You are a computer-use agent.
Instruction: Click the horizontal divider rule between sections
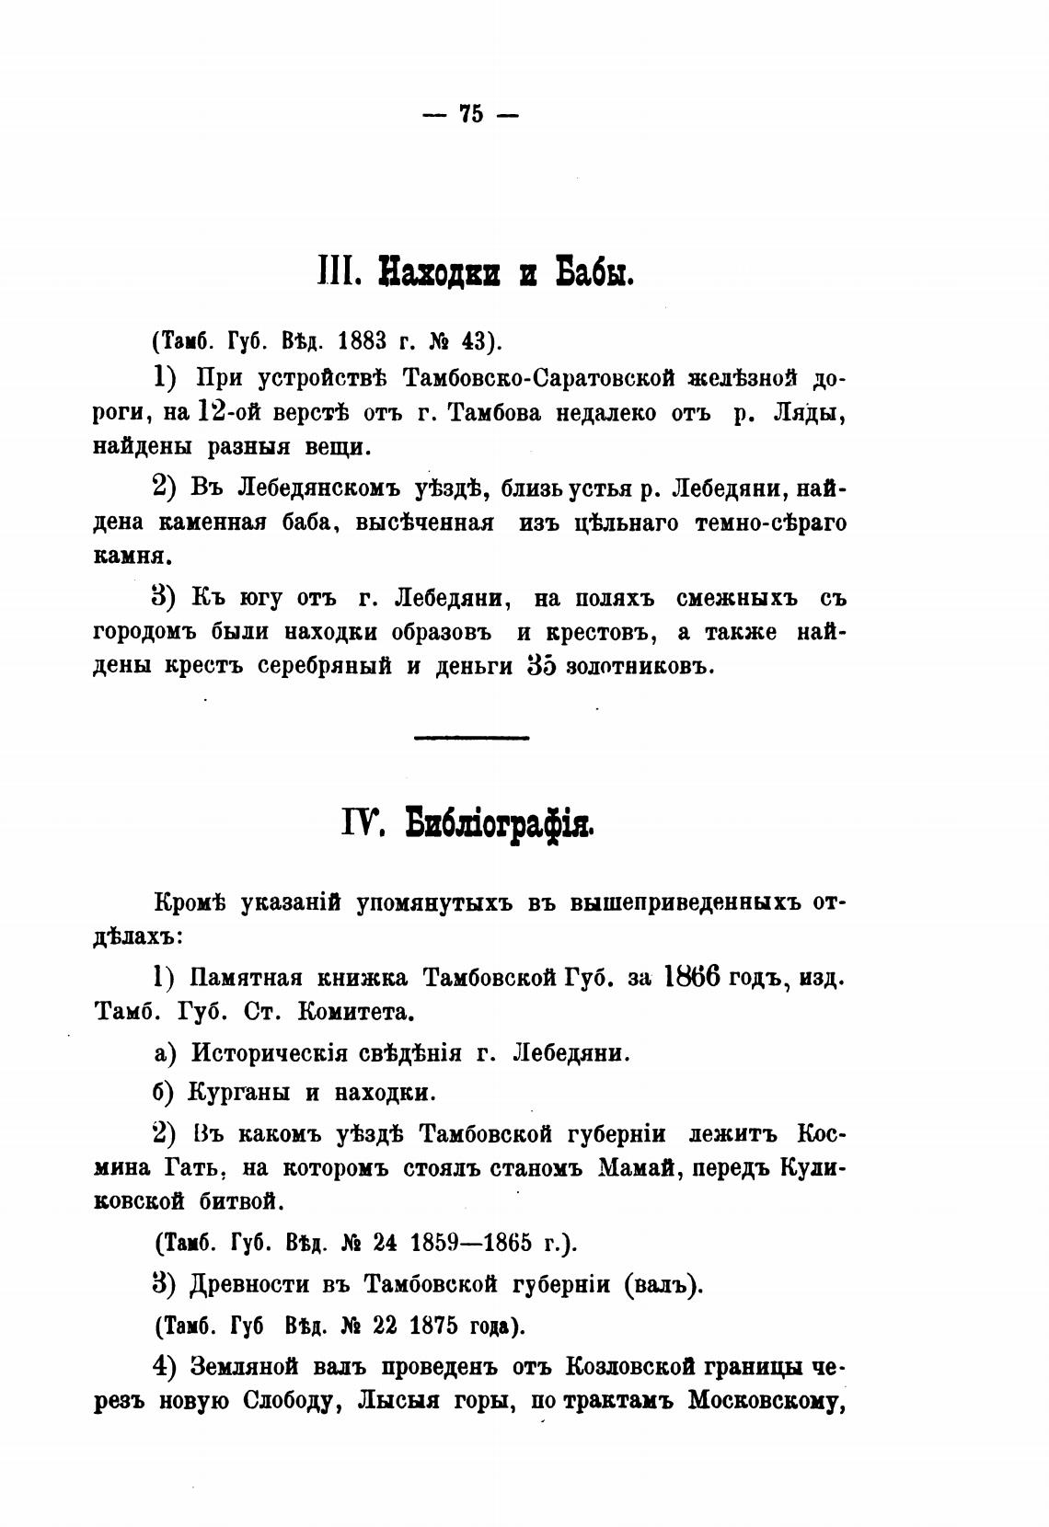(x=472, y=737)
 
